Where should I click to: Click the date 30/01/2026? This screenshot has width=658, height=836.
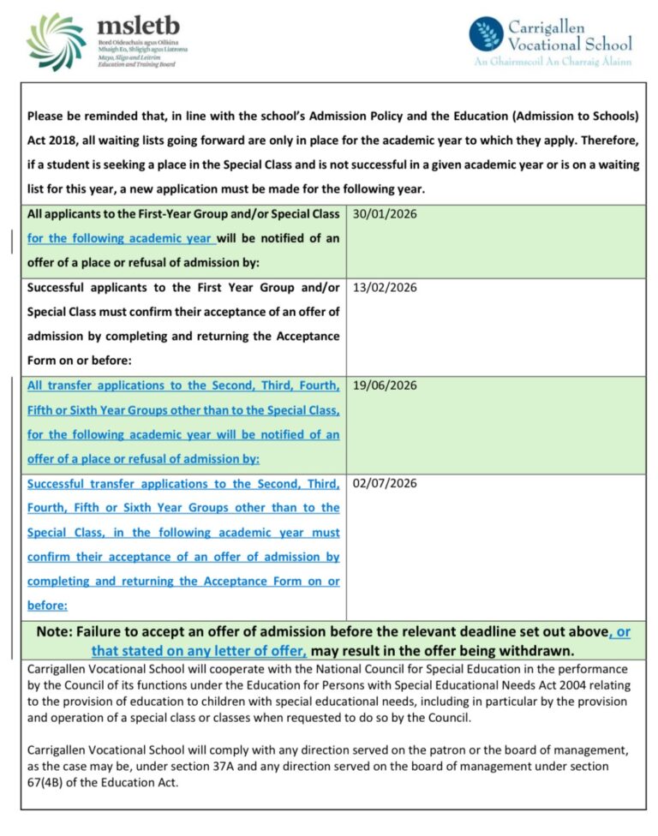(385, 214)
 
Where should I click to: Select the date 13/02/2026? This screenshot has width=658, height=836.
(385, 288)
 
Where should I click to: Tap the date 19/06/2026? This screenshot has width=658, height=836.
(385, 385)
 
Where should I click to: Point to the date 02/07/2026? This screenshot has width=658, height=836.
(385, 484)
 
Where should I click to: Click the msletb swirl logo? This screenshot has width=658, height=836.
(56, 41)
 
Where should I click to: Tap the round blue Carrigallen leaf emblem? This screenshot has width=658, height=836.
(486, 34)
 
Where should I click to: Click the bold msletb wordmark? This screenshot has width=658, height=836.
(139, 26)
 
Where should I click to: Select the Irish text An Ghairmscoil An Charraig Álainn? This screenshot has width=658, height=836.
(553, 62)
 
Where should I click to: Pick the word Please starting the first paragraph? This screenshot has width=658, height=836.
(48, 115)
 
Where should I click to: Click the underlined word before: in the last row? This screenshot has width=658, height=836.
(47, 606)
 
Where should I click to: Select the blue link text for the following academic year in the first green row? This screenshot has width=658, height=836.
(119, 238)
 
